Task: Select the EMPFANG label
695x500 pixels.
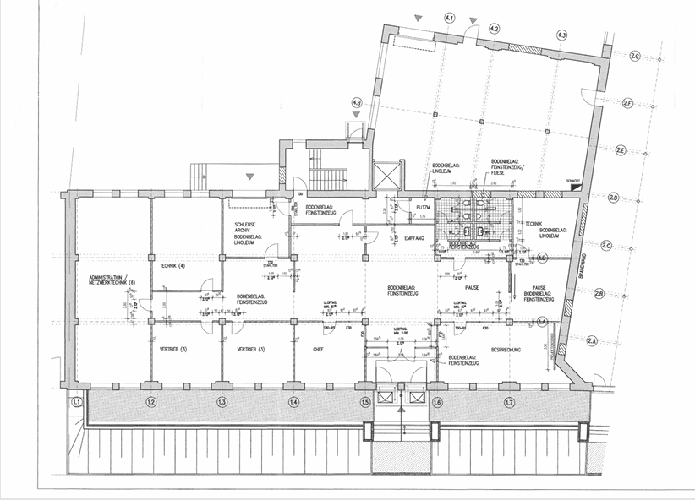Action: point(413,239)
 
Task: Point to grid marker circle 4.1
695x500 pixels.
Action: point(450,18)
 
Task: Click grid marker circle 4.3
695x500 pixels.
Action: point(561,35)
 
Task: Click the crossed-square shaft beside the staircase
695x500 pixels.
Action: point(386,176)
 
